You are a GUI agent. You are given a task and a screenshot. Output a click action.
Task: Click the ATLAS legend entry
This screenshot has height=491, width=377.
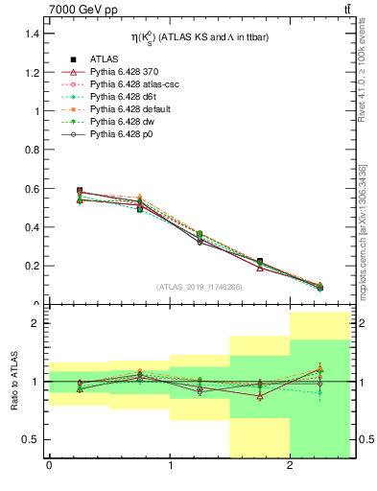(104, 59)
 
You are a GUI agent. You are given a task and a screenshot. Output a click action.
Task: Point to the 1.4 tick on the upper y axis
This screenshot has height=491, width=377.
(33, 34)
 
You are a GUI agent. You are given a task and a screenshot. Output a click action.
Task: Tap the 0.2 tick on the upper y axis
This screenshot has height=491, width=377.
(33, 266)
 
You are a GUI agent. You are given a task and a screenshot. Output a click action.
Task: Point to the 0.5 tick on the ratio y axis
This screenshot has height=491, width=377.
(33, 439)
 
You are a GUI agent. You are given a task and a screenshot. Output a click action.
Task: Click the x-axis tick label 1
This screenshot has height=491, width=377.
(170, 467)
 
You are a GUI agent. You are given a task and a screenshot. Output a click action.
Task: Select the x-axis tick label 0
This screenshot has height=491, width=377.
(49, 467)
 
